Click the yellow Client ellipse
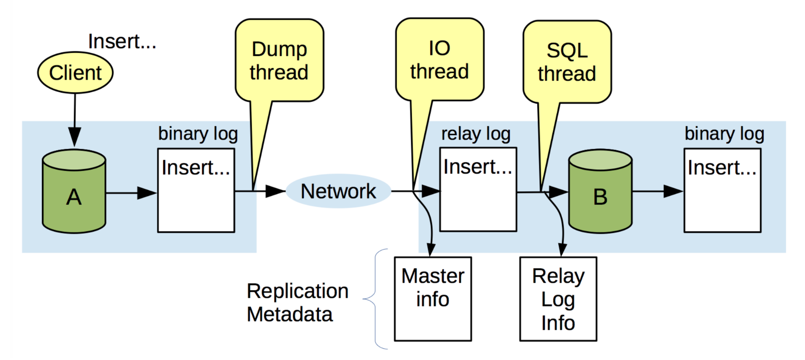pyautogui.click(x=75, y=73)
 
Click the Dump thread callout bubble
pyautogui.click(x=279, y=60)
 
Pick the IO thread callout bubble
pyautogui.click(x=439, y=60)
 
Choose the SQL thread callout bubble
pyautogui.click(x=567, y=62)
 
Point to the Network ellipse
pyautogui.click(x=338, y=191)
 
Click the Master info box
pyautogui.click(x=433, y=299)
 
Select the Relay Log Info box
pyautogui.click(x=558, y=299)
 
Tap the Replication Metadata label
pyautogui.click(x=297, y=303)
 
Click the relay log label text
pyautogui.click(x=476, y=134)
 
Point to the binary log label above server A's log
pyautogui.click(x=198, y=134)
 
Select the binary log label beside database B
pyautogui.click(x=724, y=134)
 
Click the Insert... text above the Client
pyautogui.click(x=122, y=42)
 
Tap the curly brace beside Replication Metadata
pyautogui.click(x=374, y=299)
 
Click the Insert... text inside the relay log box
pyautogui.click(x=478, y=167)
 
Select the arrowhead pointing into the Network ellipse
pyautogui.click(x=275, y=191)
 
